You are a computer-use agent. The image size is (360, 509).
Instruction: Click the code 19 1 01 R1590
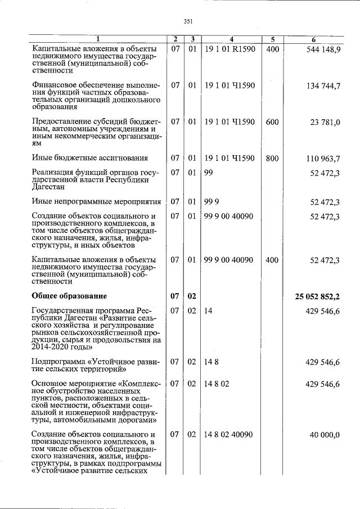point(229,49)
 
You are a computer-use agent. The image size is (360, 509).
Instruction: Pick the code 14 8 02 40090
point(228,435)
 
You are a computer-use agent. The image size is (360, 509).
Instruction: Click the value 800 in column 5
point(272,159)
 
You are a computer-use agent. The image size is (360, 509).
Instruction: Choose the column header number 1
point(97,39)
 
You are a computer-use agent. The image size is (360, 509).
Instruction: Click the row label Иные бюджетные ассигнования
point(90,159)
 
